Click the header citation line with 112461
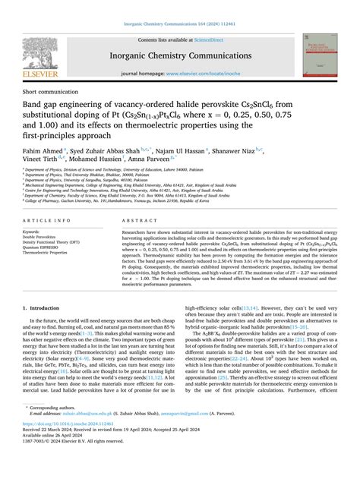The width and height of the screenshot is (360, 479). tap(180, 8)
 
